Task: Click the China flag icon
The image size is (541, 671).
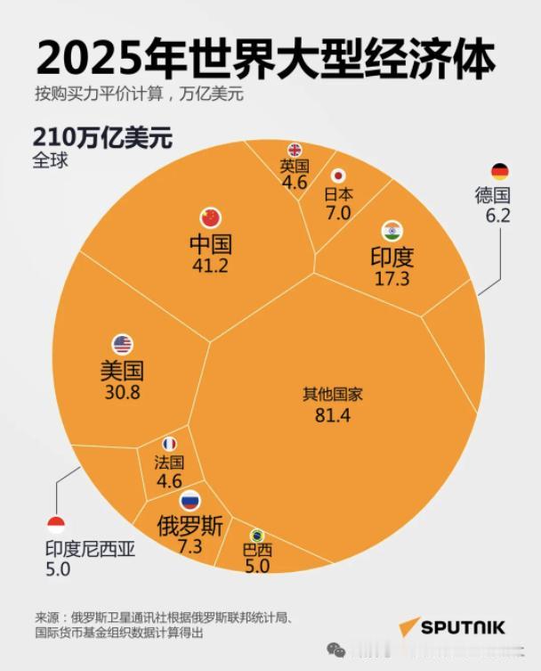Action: click(x=211, y=217)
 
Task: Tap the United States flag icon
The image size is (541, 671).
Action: click(x=122, y=345)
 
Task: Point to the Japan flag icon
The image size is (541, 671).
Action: click(x=338, y=176)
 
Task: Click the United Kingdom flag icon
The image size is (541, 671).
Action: click(x=295, y=149)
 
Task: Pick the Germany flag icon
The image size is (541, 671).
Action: click(x=499, y=171)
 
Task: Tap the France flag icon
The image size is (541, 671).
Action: click(x=169, y=444)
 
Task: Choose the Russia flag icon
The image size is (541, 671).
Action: click(x=190, y=501)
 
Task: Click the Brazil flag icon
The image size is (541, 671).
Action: click(x=257, y=535)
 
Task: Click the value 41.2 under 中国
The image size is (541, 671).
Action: click(x=211, y=265)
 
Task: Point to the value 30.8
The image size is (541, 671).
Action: click(x=122, y=392)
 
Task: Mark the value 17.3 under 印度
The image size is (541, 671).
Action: click(x=392, y=279)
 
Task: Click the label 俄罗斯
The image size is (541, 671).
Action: click(x=190, y=523)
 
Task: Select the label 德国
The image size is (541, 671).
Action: click(x=493, y=196)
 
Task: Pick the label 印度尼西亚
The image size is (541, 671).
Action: click(x=90, y=550)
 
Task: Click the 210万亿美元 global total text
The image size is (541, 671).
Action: click(x=102, y=139)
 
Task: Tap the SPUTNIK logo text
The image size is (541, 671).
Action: click(x=462, y=628)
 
